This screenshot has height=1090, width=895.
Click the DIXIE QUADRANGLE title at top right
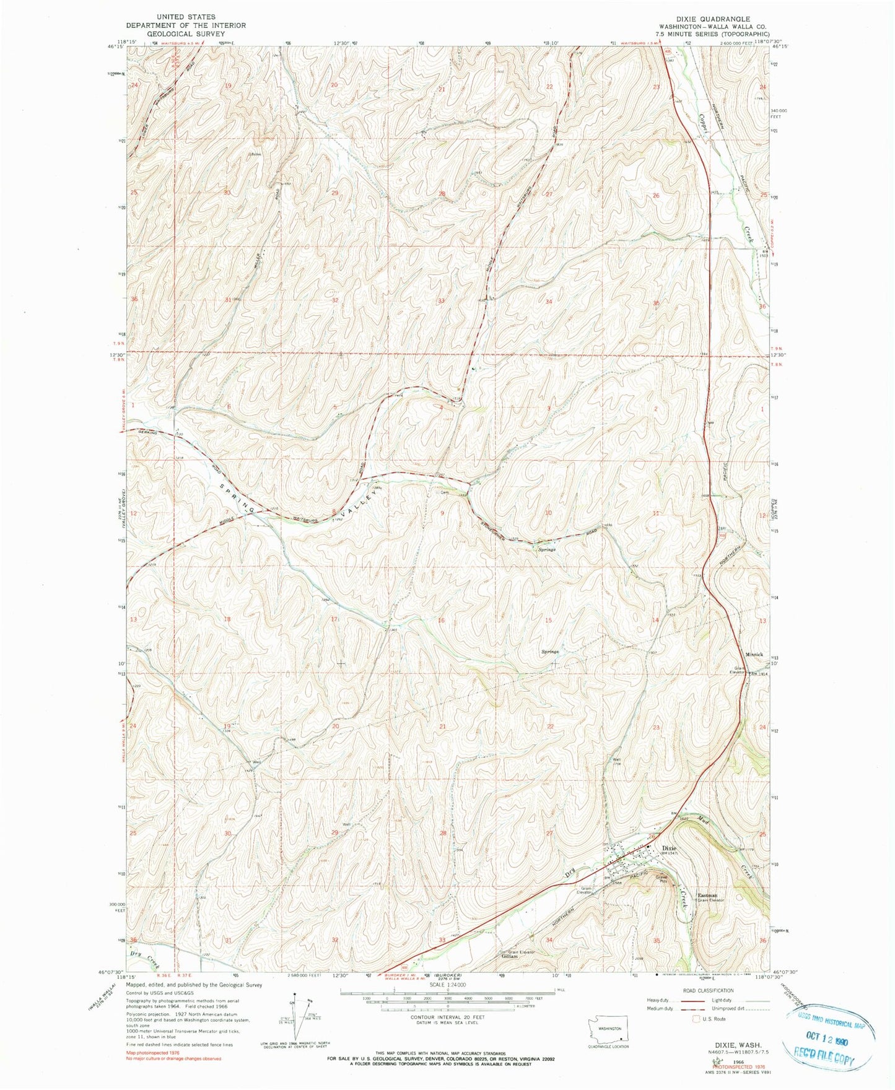coord(709,19)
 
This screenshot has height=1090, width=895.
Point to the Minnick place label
coord(754,655)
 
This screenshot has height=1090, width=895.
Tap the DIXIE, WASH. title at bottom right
coord(710,1044)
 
